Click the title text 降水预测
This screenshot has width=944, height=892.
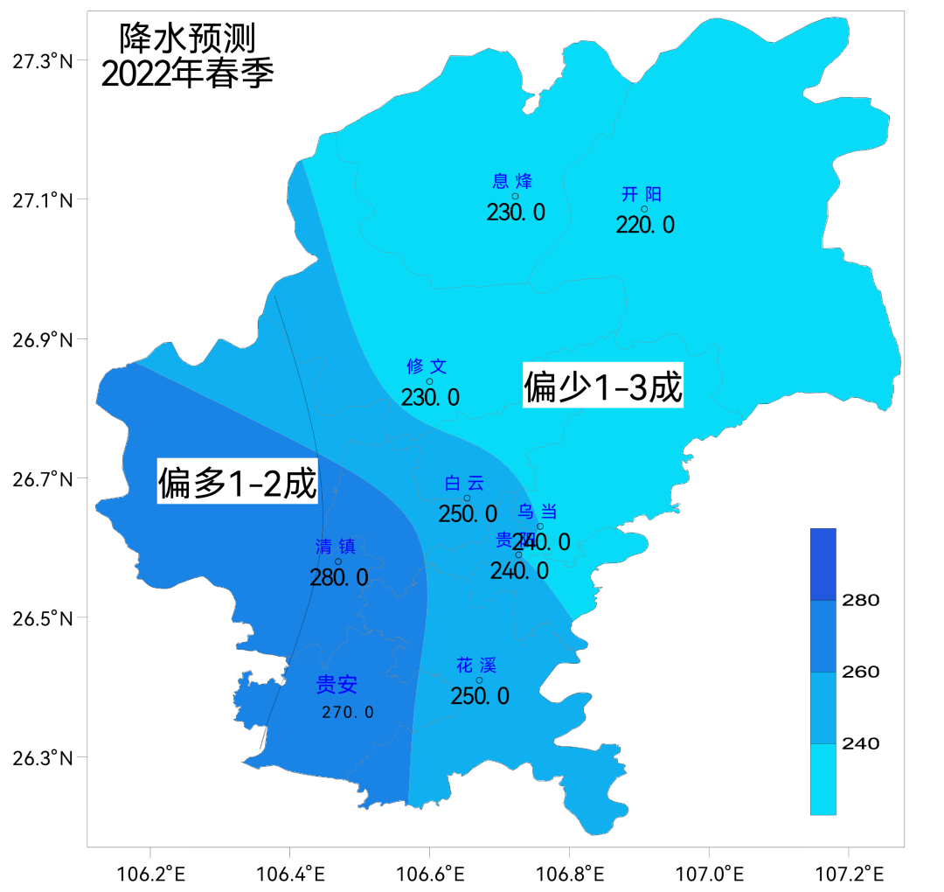tap(187, 38)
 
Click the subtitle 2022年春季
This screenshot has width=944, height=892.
tap(187, 73)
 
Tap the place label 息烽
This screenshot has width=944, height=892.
tap(512, 181)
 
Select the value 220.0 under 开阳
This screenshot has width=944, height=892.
tap(645, 225)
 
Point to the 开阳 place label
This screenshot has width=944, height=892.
tap(642, 194)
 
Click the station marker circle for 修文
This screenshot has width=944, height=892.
tap(429, 381)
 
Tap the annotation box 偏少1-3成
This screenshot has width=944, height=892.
tap(603, 387)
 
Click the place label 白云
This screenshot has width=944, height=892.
tap(464, 484)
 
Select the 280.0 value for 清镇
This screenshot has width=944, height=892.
tap(339, 577)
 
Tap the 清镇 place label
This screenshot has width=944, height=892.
tap(336, 547)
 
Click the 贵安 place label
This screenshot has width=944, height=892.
tap(337, 685)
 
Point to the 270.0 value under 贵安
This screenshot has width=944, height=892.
tap(348, 712)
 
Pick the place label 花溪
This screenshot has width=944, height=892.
tap(476, 666)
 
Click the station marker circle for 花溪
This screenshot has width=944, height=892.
tap(479, 680)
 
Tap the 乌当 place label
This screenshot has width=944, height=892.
tap(538, 512)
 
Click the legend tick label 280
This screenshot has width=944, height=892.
tap(860, 601)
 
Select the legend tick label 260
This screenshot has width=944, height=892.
tap(860, 672)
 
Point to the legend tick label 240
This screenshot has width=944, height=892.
tap(860, 744)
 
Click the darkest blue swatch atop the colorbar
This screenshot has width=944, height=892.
tap(823, 564)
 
